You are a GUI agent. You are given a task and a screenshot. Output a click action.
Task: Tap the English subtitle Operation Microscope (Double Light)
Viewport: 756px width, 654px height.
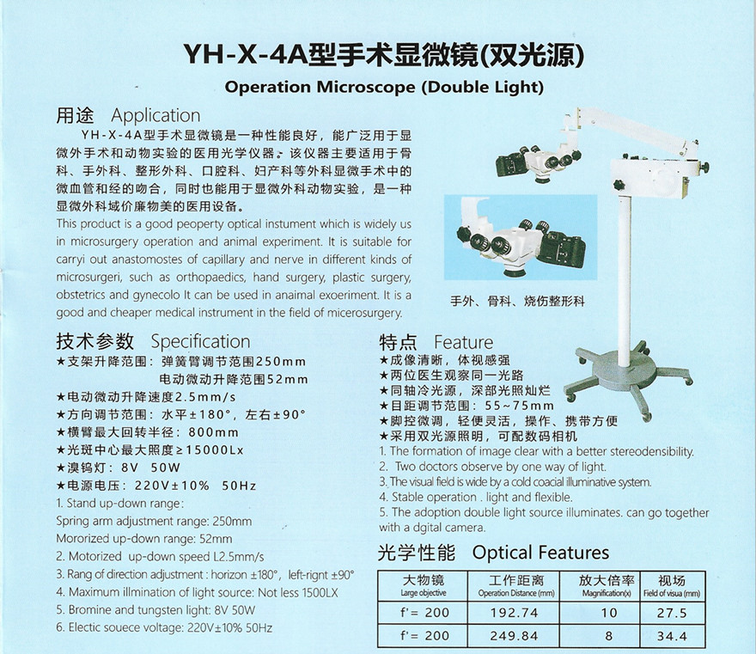click(x=383, y=88)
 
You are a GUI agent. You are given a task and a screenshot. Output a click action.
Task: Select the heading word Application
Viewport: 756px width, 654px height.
click(x=155, y=115)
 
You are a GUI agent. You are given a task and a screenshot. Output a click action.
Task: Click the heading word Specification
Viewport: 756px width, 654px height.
click(x=200, y=341)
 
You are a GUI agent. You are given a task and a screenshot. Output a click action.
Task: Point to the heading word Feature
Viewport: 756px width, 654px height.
click(x=463, y=342)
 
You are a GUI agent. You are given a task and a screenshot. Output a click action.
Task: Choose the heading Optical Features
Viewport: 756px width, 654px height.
click(x=540, y=553)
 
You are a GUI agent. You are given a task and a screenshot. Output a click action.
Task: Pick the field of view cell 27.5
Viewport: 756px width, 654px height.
click(x=671, y=613)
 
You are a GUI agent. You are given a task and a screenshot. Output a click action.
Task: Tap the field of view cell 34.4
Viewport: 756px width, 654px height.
click(x=671, y=636)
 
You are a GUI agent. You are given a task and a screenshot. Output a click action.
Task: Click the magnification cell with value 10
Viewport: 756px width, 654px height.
click(x=609, y=613)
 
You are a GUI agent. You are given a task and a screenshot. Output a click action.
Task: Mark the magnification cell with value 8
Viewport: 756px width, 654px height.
click(x=609, y=636)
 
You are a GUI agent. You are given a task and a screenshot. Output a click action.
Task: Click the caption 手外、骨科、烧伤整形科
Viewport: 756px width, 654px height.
click(x=517, y=302)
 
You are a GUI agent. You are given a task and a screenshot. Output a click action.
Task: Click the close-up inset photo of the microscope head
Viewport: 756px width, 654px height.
click(x=515, y=241)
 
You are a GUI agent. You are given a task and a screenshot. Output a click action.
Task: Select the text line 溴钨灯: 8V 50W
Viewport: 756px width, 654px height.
click(x=120, y=468)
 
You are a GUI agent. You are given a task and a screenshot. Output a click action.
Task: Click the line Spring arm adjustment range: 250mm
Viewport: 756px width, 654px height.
click(x=154, y=521)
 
